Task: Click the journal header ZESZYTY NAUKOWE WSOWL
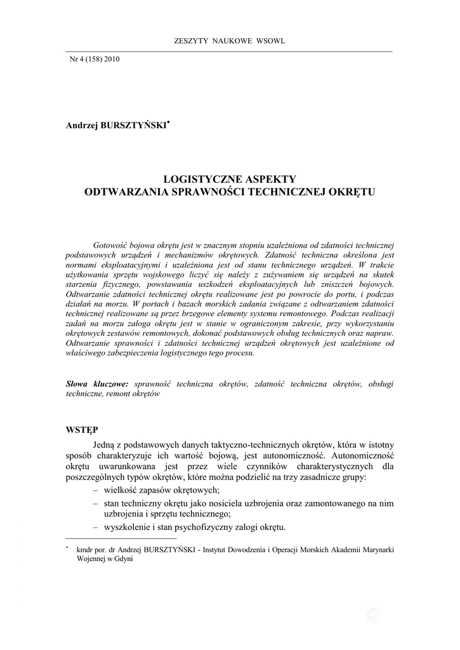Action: pyautogui.click(x=230, y=41)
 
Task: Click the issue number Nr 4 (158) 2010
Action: pyautogui.click(x=95, y=60)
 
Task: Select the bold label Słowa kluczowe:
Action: pyautogui.click(x=97, y=384)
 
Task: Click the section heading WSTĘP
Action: pyautogui.click(x=82, y=430)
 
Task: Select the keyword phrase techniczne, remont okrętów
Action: pyautogui.click(x=113, y=394)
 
